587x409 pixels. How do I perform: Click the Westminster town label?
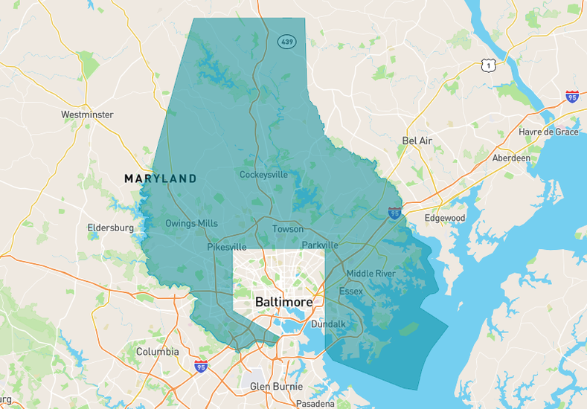pyautogui.click(x=87, y=115)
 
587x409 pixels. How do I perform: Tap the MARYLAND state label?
pyautogui.click(x=160, y=178)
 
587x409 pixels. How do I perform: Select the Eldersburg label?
pyautogui.click(x=110, y=228)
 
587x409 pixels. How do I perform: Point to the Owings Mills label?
pyautogui.click(x=191, y=223)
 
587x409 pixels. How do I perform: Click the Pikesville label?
pyautogui.click(x=226, y=247)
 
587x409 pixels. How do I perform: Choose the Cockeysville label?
pyautogui.click(x=263, y=175)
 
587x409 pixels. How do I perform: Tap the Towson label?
pyautogui.click(x=288, y=229)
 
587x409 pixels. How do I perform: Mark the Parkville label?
pyautogui.click(x=320, y=245)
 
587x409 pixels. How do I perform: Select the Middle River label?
pyautogui.click(x=371, y=274)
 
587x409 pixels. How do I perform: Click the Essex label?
pyautogui.click(x=350, y=291)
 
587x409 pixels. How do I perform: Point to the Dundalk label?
pyautogui.click(x=329, y=324)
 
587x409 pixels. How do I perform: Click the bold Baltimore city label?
pyautogui.click(x=283, y=303)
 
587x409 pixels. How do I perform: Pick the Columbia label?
pyautogui.click(x=157, y=351)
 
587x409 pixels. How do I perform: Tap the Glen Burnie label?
pyautogui.click(x=276, y=387)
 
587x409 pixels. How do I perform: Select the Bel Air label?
pyautogui.click(x=417, y=141)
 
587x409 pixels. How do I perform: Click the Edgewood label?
pyautogui.click(x=444, y=218)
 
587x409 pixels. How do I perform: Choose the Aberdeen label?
pyautogui.click(x=511, y=158)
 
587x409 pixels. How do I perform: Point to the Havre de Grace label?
pyautogui.click(x=548, y=132)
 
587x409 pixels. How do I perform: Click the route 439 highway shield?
pyautogui.click(x=287, y=42)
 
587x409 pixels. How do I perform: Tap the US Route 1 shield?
pyautogui.click(x=488, y=66)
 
